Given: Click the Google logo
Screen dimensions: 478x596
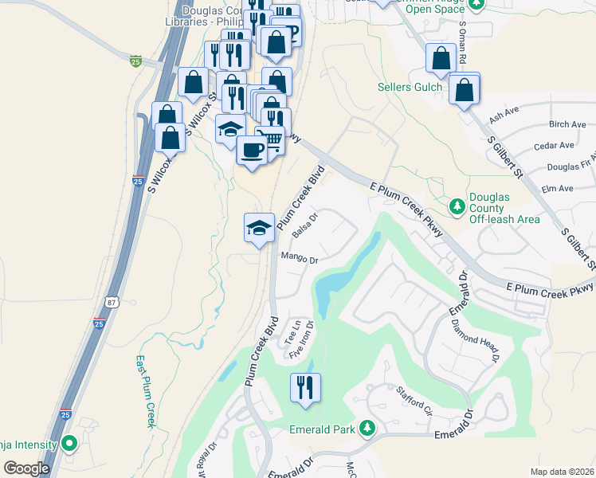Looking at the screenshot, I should point(25,468).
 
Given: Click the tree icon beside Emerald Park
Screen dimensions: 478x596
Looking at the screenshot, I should point(367,429).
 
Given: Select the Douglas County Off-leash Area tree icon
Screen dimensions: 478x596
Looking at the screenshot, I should point(457,207).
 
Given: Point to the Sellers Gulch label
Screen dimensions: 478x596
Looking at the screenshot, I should point(410,87).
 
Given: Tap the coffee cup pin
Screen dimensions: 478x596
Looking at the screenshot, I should point(253,150).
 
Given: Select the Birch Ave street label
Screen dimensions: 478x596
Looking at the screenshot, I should point(567,125).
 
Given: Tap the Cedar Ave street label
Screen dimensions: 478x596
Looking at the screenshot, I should point(555,146).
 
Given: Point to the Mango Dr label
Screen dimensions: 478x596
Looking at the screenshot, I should point(299,259).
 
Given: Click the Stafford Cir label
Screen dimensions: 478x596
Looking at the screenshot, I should point(414,401).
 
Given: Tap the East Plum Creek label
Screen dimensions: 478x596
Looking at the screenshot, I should point(144,391).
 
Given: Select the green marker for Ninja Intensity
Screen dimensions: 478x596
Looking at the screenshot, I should point(69,444).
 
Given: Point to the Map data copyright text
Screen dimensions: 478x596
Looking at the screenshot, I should point(563,472).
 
